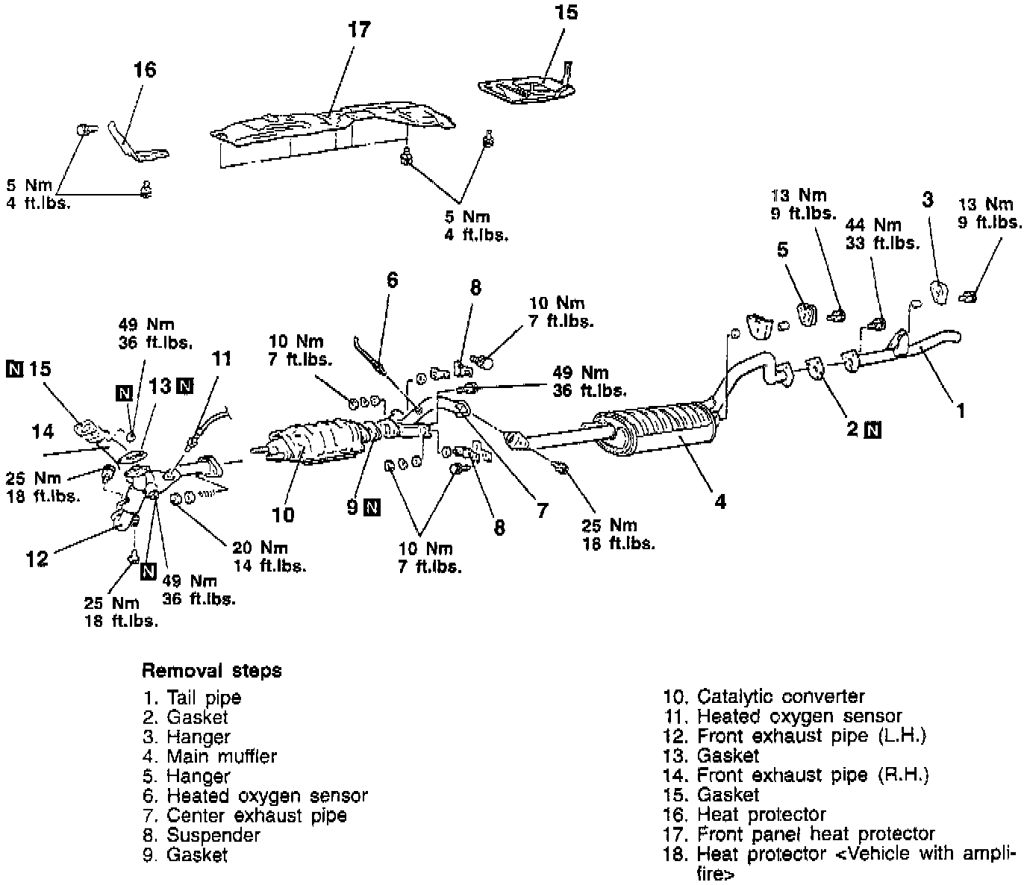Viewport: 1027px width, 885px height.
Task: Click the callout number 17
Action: tap(359, 30)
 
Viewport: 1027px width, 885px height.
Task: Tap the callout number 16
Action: tap(145, 69)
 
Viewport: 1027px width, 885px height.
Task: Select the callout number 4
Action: tap(719, 502)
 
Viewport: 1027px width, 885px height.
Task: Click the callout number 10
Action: tap(283, 514)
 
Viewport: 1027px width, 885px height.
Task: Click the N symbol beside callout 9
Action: tap(372, 508)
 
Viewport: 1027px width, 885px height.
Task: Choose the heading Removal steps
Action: tap(212, 670)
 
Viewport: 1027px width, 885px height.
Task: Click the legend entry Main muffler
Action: tap(210, 757)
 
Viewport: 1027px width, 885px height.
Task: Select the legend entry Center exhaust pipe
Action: tap(245, 816)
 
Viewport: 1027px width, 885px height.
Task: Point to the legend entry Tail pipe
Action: tap(192, 698)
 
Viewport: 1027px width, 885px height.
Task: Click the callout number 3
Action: tap(928, 199)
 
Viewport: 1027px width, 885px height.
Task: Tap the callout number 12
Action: tap(37, 558)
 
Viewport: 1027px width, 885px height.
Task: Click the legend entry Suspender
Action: tap(202, 835)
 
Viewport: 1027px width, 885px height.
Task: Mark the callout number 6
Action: tap(393, 280)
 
